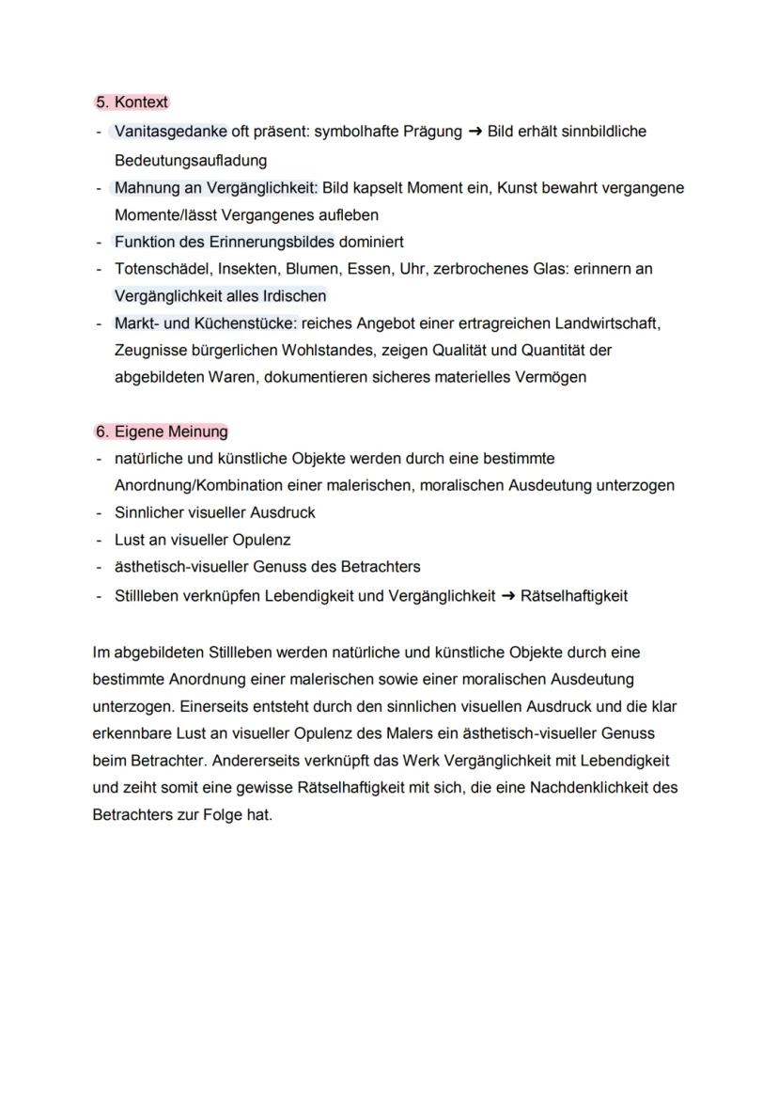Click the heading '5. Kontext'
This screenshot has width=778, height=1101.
click(x=132, y=102)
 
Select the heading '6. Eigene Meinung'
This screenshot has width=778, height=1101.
click(x=161, y=432)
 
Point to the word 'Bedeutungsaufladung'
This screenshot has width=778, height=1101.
click(x=191, y=160)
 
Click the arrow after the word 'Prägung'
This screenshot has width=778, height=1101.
click(x=475, y=132)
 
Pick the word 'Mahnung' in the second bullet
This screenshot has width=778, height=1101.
click(x=146, y=187)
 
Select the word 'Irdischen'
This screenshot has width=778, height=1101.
click(x=293, y=296)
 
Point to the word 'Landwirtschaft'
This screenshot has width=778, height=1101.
click(x=606, y=323)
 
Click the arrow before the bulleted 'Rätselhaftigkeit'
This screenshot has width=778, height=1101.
click(x=507, y=595)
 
